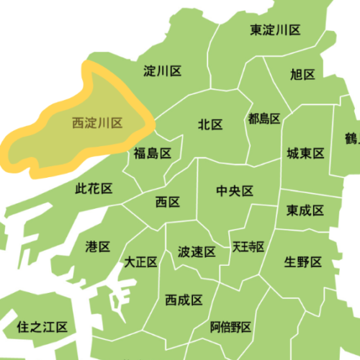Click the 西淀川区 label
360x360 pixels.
pos(98,123)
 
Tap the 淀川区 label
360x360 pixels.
pos(162,71)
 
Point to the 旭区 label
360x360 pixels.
pos(303,74)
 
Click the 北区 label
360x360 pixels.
pos(210,125)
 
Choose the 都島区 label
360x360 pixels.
pos(263,118)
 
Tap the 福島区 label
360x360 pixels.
pos(152,153)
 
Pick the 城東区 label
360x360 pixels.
pos(305,153)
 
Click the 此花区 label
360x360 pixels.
pos(94,189)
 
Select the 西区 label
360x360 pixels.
pos(167,202)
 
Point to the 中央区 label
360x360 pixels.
pos(235,191)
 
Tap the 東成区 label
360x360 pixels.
pos(305,210)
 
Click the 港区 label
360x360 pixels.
pos(98,247)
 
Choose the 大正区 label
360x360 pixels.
pos(140,261)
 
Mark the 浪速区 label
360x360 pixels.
pos(197,252)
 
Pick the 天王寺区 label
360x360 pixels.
pos(248,247)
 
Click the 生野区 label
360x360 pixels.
pos(302,261)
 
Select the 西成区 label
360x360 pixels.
pos(184,300)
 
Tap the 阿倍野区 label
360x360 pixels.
pos(231,328)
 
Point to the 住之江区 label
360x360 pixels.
pos(42,328)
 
